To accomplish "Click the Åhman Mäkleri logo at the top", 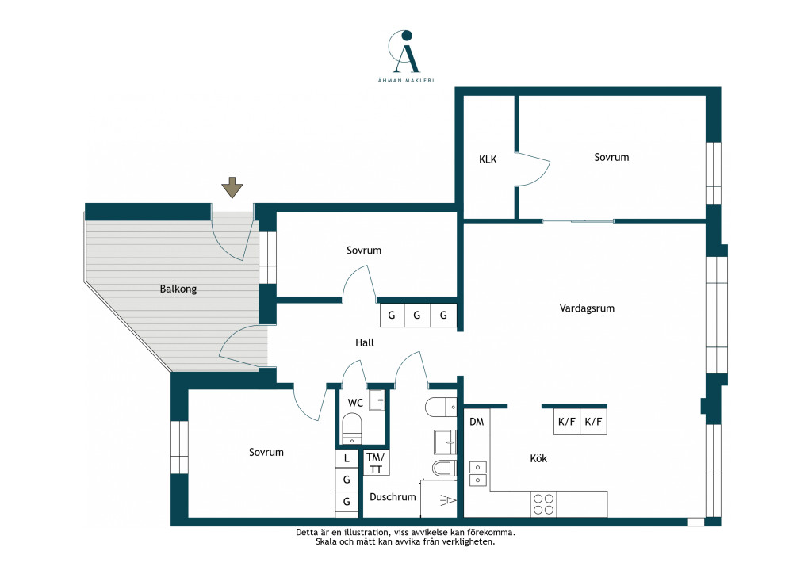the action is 406,55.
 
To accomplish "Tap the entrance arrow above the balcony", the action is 232,187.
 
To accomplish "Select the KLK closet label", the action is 488,159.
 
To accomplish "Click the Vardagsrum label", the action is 587,308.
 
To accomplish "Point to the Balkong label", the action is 178,289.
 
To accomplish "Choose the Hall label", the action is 365,342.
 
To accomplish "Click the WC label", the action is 355,403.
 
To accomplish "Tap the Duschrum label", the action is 393,497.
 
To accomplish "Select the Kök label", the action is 538,458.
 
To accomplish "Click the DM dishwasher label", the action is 477,422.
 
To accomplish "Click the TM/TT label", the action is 376,463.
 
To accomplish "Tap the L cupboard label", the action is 347,458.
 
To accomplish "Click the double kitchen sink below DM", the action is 478,473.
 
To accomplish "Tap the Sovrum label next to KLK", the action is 611,157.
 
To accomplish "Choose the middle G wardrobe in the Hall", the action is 417,316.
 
